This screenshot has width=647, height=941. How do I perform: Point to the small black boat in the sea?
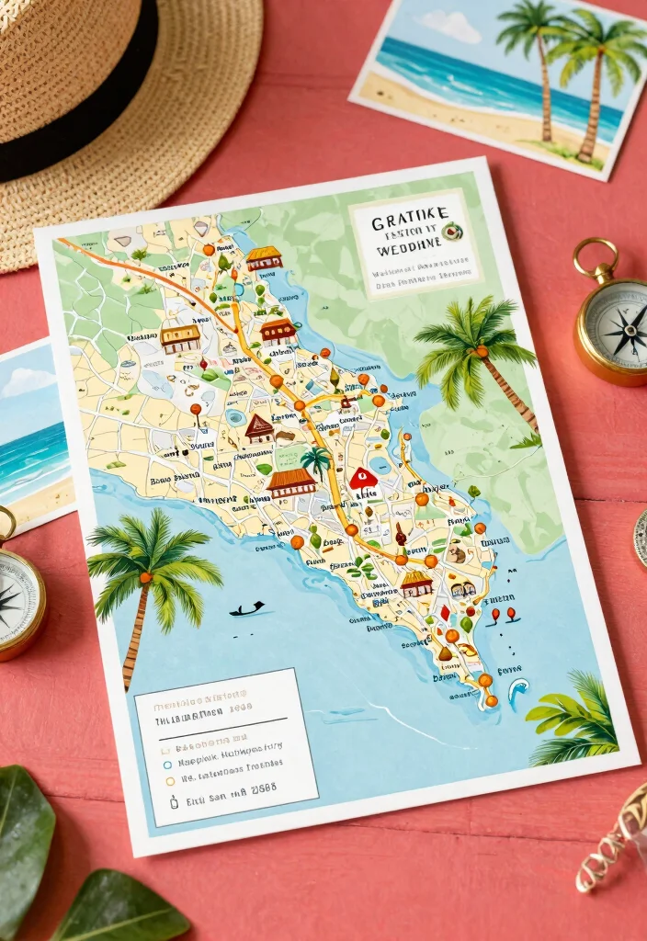click(x=245, y=608)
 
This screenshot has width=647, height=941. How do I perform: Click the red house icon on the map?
click(x=363, y=479)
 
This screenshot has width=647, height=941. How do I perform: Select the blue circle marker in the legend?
click(x=167, y=763)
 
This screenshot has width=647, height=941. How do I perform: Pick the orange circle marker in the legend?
click(x=169, y=781)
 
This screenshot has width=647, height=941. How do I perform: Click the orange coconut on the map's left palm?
click(x=145, y=577)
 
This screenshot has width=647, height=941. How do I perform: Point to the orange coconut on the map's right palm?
click(x=479, y=351)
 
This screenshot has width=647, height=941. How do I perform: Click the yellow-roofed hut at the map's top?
click(x=264, y=256)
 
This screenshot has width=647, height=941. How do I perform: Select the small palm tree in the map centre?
click(x=316, y=458)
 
